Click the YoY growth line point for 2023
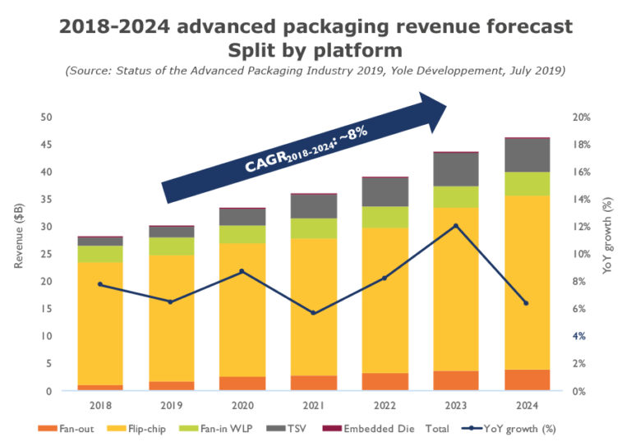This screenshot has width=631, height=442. click(456, 226)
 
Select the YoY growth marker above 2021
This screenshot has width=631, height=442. click(313, 313)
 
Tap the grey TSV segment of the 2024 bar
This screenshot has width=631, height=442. click(527, 154)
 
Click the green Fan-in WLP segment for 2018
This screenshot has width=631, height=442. click(99, 254)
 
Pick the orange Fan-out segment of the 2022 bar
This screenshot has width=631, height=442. click(385, 381)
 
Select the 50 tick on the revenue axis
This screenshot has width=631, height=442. click(48, 117)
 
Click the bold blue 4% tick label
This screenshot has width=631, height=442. click(578, 336)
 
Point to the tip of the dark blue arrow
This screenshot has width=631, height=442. click(444, 104)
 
